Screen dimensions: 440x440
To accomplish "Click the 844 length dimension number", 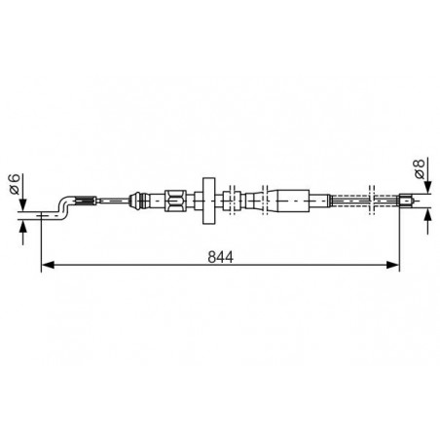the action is click(220, 257).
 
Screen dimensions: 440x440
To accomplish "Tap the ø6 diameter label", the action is click(16, 184).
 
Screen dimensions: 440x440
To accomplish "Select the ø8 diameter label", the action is click(420, 168).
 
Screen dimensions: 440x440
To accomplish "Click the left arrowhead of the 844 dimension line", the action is click(48, 265).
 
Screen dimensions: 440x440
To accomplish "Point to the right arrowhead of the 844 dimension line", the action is click(392, 265).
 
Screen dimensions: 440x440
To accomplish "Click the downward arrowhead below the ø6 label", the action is click(22, 205).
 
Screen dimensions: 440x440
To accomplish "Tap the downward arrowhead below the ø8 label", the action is click(428, 188).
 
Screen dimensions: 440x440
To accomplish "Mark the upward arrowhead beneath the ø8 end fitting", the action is click(428, 215).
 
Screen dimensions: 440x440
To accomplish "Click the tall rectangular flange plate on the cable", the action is click(209, 201).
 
